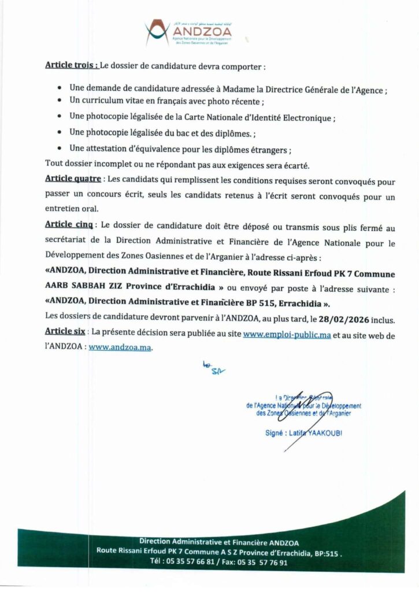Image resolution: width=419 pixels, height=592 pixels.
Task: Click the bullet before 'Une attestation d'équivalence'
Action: click(x=61, y=149)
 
